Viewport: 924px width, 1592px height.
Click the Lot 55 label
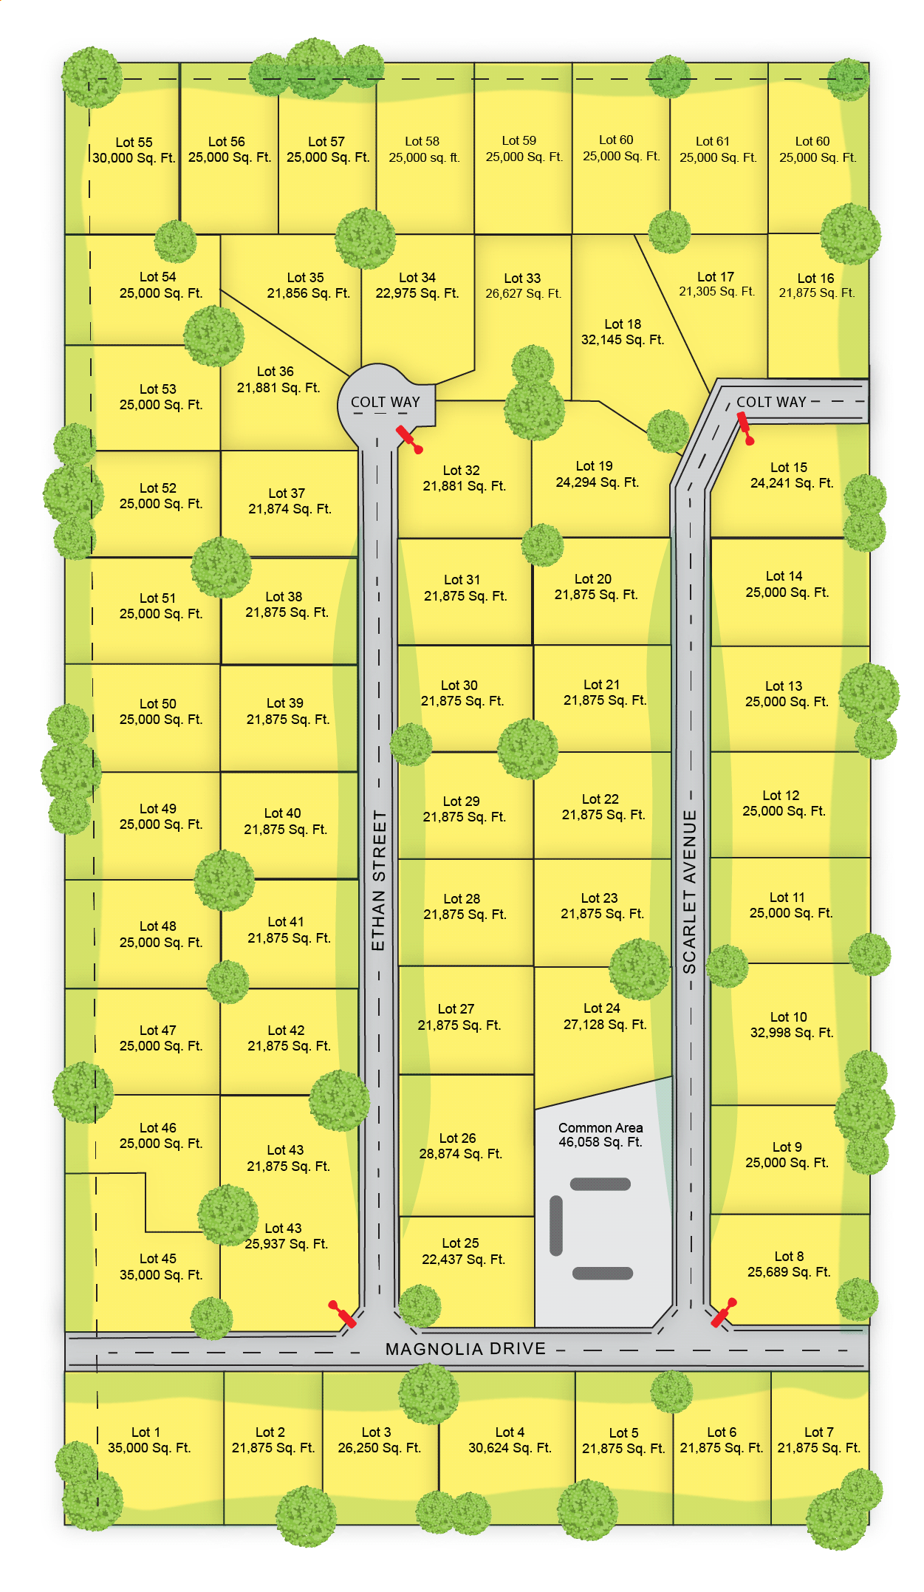coord(134,142)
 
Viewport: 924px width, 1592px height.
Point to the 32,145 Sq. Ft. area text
coord(623,340)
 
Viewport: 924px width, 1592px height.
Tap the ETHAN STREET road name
coord(378,880)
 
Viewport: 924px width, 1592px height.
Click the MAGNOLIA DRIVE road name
coord(465,1349)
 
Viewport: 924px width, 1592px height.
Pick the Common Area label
coord(600,1128)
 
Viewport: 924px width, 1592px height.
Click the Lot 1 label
coord(146,1432)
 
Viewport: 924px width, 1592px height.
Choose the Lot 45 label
coord(158,1258)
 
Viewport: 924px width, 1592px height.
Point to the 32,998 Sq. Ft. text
coord(792,1032)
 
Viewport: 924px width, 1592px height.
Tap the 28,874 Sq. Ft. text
coord(461,1153)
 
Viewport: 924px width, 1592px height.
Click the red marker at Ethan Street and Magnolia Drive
coord(343,1313)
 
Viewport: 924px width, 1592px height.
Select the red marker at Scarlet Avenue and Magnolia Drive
coord(724,1312)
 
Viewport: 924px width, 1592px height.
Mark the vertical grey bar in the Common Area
coord(556,1226)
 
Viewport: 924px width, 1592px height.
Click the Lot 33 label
coord(522,278)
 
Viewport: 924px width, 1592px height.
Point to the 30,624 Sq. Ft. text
coord(510,1447)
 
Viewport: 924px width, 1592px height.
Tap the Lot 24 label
coord(602,1008)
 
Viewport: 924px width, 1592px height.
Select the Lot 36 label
coord(276,371)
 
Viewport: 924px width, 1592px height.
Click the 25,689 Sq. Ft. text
coord(789,1271)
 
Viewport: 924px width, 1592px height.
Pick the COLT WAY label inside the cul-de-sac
coord(385,402)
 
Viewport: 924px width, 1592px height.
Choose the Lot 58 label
coord(422,141)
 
